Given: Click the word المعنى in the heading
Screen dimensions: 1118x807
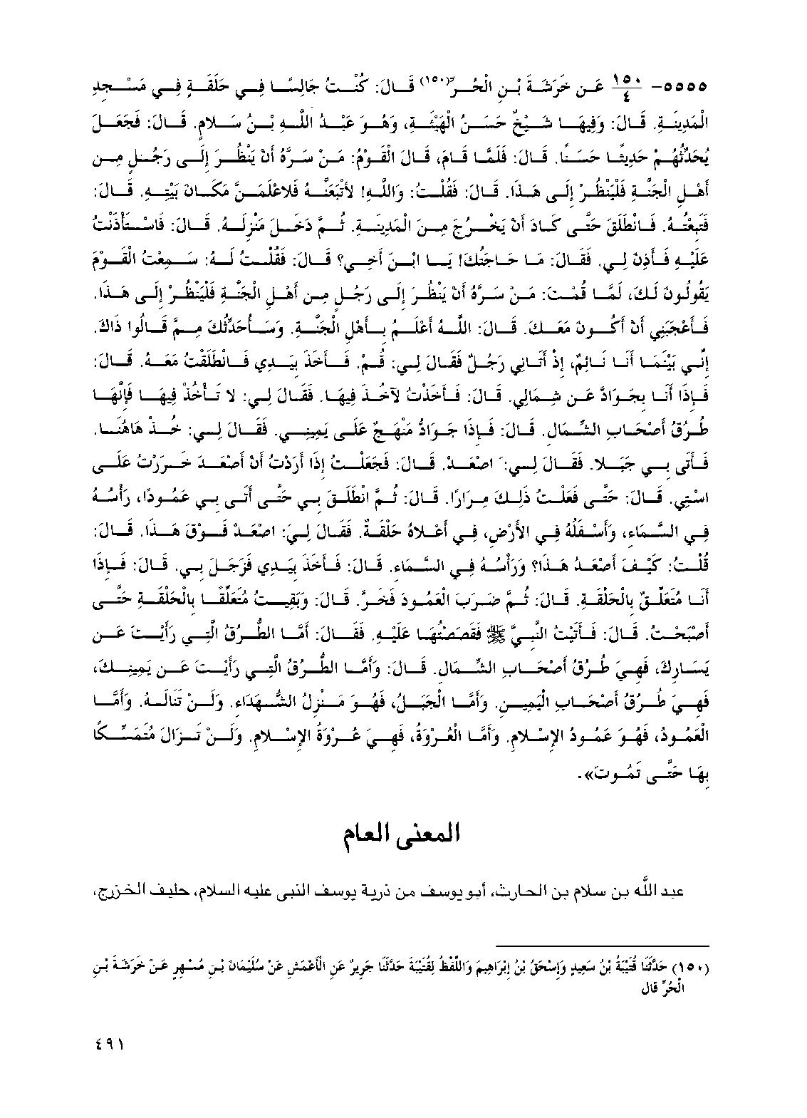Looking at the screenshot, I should (x=420, y=835).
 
